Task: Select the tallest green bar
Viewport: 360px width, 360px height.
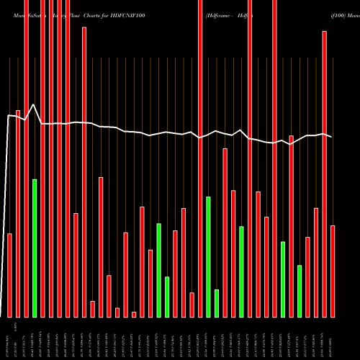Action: [x=35, y=248]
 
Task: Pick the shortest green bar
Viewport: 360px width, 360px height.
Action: [x=217, y=303]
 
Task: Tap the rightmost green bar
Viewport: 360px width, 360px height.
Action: [x=300, y=291]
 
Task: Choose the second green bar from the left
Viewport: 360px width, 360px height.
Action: [x=159, y=270]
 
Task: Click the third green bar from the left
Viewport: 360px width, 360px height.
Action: [x=167, y=297]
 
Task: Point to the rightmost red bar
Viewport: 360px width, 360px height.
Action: [x=333, y=271]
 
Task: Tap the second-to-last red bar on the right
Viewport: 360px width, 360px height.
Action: [x=325, y=174]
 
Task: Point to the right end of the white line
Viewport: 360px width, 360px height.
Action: [x=332, y=136]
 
